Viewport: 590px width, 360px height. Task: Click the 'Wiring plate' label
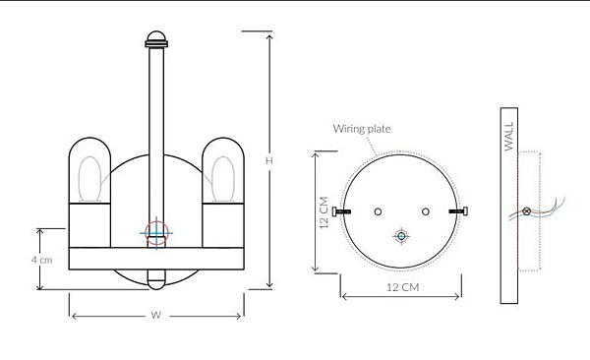pos(362,129)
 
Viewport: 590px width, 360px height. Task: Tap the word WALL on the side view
pos(508,136)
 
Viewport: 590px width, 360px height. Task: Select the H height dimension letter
pos(269,160)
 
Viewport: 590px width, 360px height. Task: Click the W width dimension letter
pos(156,315)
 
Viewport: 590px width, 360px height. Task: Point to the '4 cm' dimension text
pos(41,260)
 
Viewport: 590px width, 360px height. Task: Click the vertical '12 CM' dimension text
pos(324,212)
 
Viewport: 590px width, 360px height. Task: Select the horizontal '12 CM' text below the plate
pos(402,287)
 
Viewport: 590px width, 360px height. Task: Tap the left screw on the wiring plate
pos(341,211)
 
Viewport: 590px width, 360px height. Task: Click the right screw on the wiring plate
pos(458,211)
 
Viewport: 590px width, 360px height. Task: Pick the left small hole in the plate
pos(378,211)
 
